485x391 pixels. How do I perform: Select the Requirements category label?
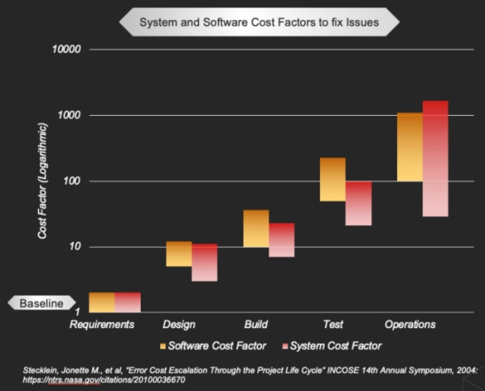pos(102,325)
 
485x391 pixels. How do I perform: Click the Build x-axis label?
pos(255,325)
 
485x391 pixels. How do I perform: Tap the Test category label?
pos(332,325)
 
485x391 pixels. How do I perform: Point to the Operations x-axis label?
pos(410,325)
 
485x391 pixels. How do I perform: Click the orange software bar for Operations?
pos(410,147)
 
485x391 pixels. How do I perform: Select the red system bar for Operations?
pos(435,159)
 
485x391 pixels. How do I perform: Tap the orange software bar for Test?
pos(332,179)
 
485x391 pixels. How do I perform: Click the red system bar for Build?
pos(281,240)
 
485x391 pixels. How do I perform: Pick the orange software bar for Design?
pos(179,253)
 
